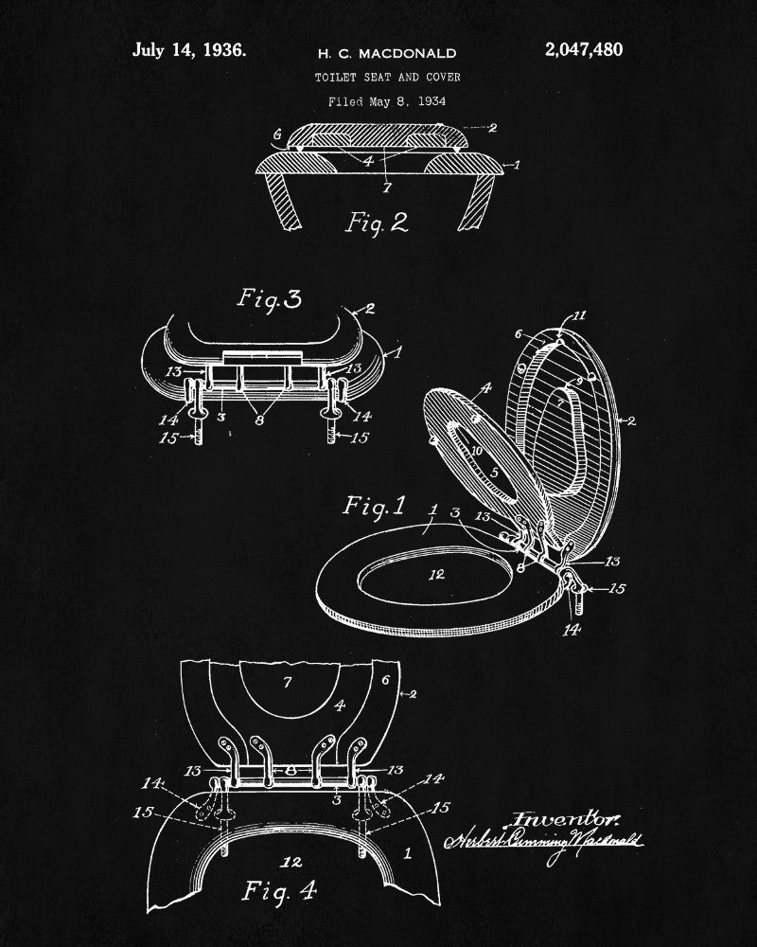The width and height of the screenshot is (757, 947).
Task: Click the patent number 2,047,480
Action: click(x=584, y=49)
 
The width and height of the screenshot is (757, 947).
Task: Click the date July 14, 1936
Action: click(x=189, y=49)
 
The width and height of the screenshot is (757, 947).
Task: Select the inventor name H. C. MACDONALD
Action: click(x=385, y=54)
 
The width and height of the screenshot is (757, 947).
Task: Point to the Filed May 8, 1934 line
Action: click(x=387, y=100)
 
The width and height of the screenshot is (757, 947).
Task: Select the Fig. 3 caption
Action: click(x=269, y=301)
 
